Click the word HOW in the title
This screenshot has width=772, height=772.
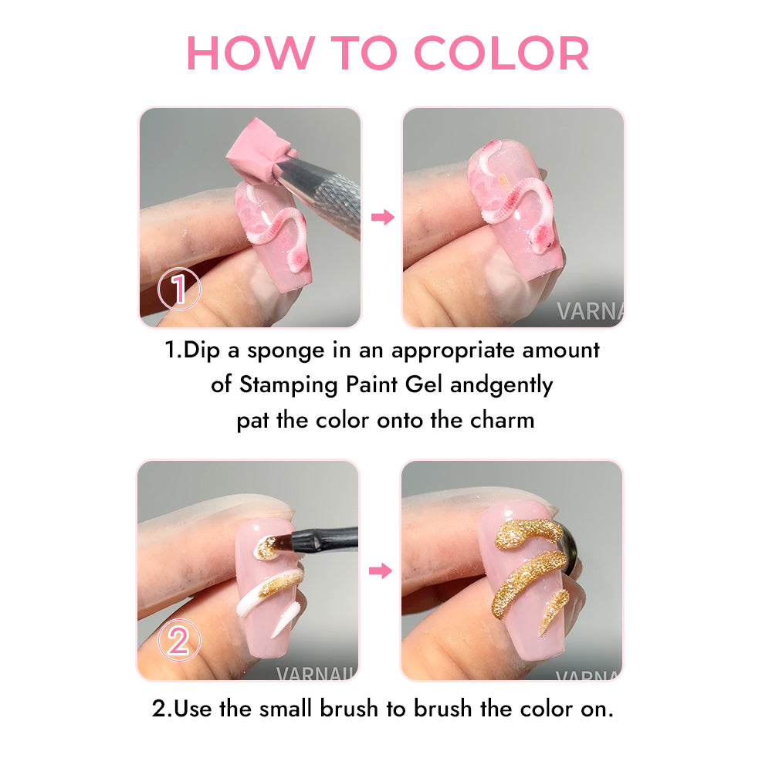251,52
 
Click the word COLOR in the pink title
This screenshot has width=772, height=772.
502,52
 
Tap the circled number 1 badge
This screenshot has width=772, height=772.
179,289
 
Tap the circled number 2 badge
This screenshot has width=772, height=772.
179,640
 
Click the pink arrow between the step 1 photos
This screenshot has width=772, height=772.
383,217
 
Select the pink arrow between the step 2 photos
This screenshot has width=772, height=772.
381,571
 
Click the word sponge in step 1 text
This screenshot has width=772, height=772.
286,351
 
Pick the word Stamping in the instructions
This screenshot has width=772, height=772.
289,385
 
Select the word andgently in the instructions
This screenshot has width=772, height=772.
501,385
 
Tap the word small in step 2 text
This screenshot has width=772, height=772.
286,709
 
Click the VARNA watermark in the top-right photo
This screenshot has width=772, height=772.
590,311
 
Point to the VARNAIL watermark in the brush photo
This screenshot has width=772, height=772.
316,673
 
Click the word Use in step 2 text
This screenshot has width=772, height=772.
194,709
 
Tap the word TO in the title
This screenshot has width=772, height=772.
364,52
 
